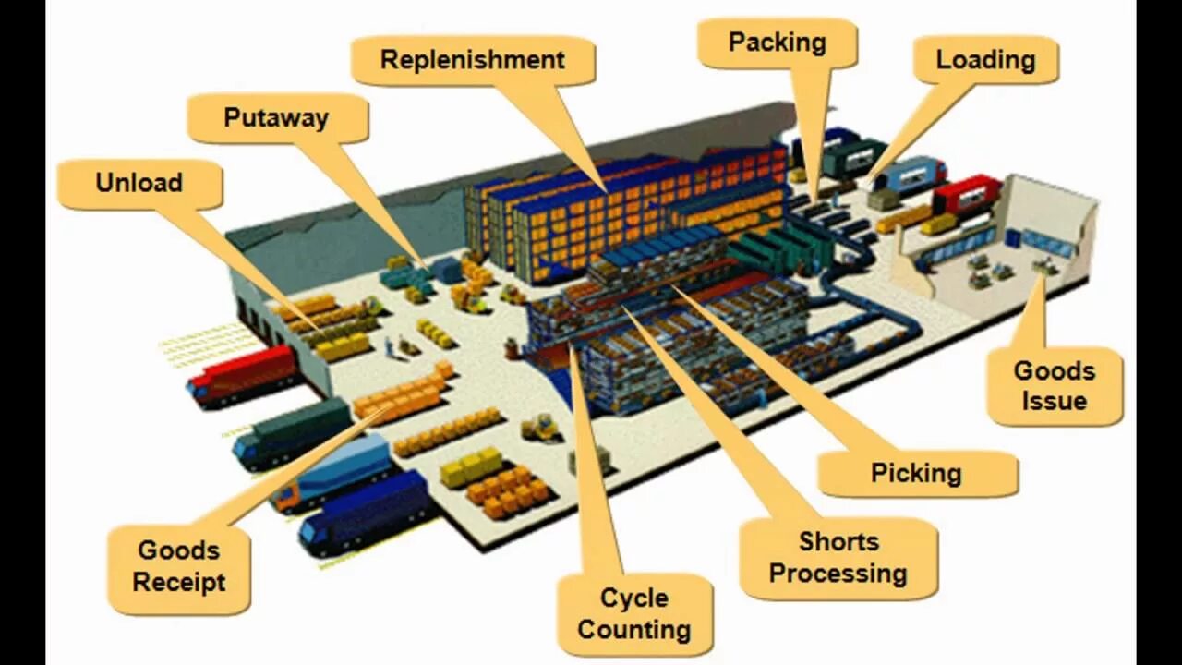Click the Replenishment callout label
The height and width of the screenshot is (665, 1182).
472,60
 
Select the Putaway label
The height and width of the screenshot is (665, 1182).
276,118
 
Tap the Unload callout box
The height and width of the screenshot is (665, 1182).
139,183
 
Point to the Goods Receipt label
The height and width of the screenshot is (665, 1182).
179,566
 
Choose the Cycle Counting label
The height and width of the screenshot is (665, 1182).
634,614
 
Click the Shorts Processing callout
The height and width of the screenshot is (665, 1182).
838,558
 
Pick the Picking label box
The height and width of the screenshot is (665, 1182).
917,474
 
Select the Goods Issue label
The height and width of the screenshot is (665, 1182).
1055,386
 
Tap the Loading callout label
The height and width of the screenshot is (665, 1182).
985,60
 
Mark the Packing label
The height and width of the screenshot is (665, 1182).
777,42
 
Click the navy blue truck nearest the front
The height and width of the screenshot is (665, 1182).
364,512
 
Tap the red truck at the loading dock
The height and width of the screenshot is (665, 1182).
966,194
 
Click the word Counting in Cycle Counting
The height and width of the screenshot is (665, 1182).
634,630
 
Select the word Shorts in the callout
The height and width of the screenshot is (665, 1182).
838,541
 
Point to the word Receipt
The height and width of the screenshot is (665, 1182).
179,583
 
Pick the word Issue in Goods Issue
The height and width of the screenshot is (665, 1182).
1055,402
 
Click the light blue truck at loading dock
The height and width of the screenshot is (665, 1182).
911,174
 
